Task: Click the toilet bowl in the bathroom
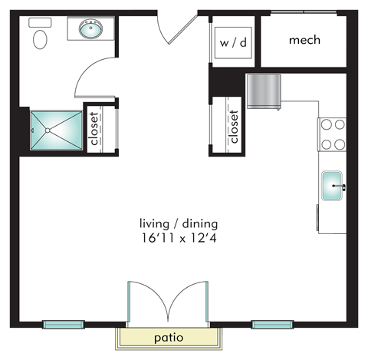coord(40,39)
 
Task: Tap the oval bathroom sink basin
coord(91,28)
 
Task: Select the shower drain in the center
coord(48,130)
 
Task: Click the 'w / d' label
coord(233,42)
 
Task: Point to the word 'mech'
coord(304,40)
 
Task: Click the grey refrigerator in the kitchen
coord(264,91)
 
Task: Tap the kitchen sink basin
coord(332,186)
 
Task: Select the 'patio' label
coord(169,338)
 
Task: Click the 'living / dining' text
coord(179,224)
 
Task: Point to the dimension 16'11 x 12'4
coord(179,239)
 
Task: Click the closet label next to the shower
coord(94,129)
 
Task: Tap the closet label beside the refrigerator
coord(234,127)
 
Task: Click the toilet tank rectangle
coord(40,22)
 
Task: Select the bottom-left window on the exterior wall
coord(64,325)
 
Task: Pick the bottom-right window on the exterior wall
coord(272,325)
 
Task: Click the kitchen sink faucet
coord(340,187)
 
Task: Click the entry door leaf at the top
coord(182,29)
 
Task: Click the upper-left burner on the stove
coord(327,125)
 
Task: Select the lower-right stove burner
coord(340,144)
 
